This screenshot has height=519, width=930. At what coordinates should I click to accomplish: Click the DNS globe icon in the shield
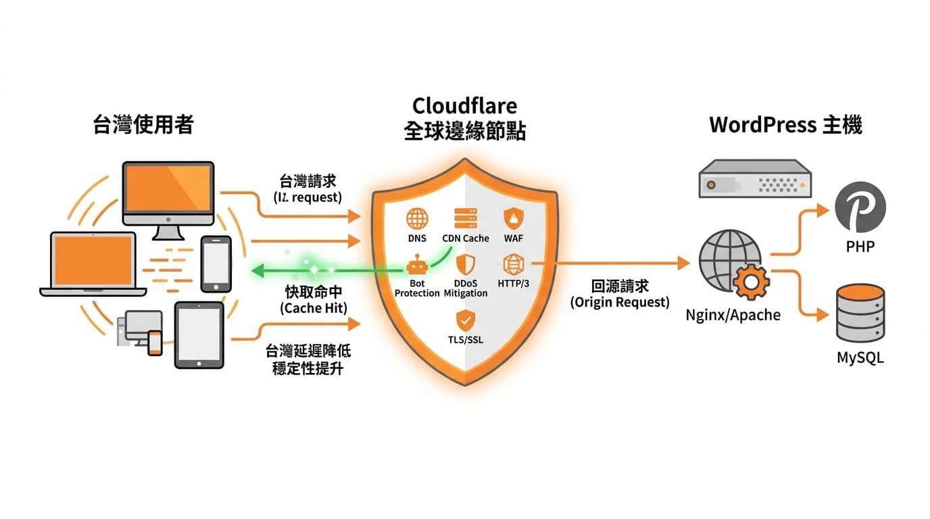417,218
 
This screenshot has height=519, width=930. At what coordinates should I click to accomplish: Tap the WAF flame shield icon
513,218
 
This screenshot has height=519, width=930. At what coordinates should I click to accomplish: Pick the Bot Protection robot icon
417,264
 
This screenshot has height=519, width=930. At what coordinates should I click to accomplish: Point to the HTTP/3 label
513,284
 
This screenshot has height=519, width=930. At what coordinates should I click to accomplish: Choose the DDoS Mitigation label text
466,289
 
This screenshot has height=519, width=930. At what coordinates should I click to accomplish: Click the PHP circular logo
860,207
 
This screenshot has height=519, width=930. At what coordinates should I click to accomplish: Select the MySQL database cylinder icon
860,314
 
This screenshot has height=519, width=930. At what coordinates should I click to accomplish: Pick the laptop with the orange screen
93,264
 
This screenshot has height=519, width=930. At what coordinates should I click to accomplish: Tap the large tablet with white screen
199,335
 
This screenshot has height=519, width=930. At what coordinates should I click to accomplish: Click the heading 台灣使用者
143,125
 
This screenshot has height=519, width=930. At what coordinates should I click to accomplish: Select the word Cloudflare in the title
464,106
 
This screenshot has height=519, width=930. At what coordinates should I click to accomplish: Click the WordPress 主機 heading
785,125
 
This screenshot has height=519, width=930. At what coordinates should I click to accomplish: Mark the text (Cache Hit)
314,307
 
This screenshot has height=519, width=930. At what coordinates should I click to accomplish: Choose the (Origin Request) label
620,302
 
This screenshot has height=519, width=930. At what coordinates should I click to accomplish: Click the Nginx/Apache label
733,315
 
